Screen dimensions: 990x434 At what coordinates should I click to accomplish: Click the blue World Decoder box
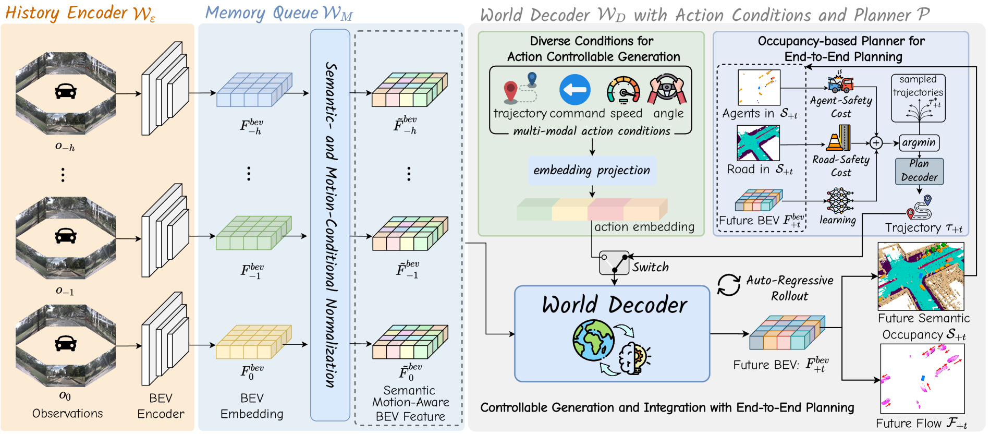[612, 334]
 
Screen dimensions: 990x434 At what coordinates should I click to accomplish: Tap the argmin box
[919, 142]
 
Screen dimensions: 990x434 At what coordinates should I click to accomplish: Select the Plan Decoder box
[919, 171]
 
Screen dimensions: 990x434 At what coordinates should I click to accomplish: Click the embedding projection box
[592, 171]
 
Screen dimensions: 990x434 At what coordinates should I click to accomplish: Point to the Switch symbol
[614, 262]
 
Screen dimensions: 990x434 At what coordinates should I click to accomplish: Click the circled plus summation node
[876, 143]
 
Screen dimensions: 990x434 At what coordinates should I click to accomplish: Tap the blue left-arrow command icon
[575, 90]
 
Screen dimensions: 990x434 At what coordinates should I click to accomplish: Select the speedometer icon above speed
[623, 90]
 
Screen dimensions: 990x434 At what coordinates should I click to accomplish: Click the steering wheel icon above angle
[667, 89]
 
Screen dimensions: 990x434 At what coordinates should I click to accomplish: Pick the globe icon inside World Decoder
[593, 340]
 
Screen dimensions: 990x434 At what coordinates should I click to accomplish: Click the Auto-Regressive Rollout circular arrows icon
[728, 285]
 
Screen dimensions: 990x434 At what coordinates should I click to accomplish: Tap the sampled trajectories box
[918, 98]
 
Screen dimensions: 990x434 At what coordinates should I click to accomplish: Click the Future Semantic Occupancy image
[921, 276]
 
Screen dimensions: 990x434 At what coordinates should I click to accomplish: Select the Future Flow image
[922, 379]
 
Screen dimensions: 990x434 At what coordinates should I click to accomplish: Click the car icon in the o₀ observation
[66, 343]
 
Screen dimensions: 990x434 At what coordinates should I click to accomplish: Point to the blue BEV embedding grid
[254, 90]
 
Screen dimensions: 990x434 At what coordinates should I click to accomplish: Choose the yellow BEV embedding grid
[254, 342]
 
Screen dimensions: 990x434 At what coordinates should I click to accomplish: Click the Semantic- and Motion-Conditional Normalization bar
[330, 225]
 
